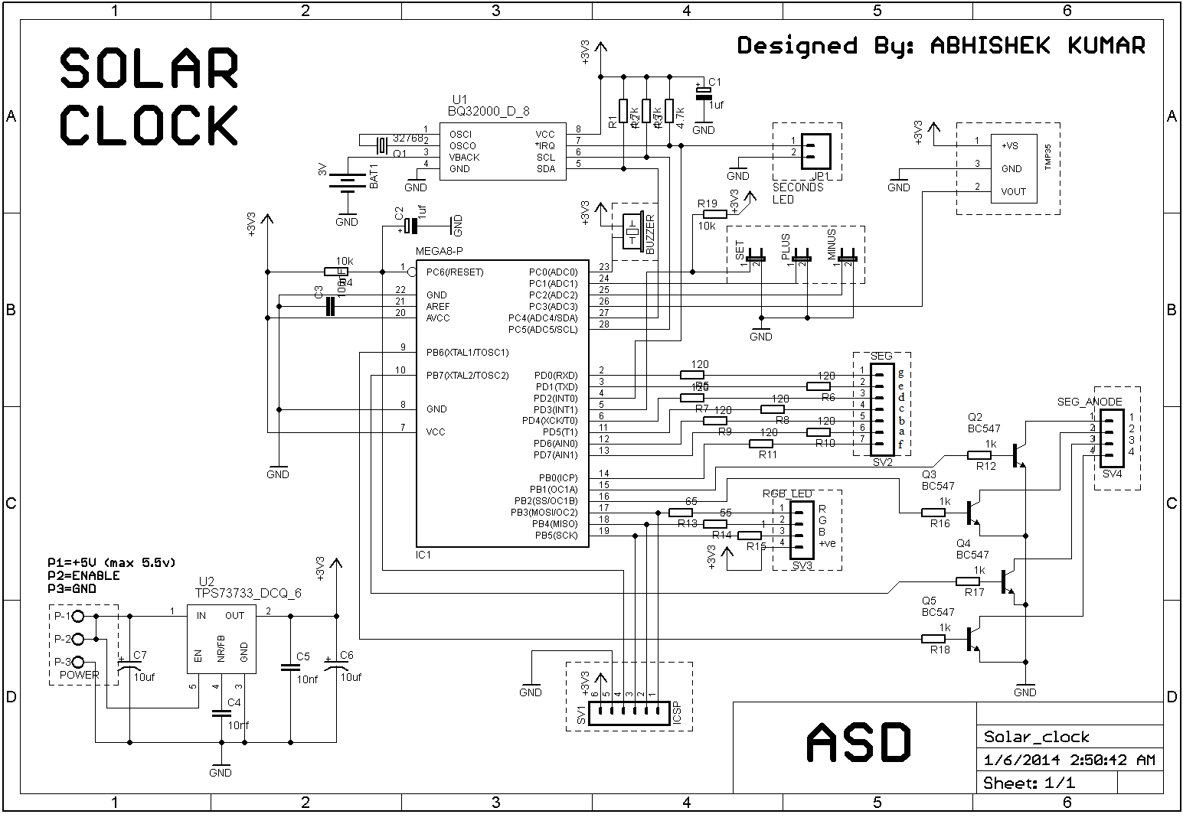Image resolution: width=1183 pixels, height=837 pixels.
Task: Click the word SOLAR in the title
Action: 149,68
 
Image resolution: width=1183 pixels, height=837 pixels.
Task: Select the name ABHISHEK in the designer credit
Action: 987,46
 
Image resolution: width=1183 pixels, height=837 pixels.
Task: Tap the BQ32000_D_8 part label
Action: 488,112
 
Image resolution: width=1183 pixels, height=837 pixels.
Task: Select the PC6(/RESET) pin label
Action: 455,272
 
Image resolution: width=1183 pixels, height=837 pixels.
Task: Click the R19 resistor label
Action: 707,204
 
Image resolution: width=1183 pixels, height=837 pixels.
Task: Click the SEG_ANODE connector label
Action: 1089,402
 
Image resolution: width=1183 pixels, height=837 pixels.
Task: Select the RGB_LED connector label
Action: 786,493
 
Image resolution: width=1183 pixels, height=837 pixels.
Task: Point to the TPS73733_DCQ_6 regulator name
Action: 249,592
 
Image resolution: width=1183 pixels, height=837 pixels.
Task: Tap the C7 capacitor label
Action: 140,656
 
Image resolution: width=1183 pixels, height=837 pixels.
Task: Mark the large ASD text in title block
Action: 858,742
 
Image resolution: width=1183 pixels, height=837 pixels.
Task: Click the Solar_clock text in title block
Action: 1036,737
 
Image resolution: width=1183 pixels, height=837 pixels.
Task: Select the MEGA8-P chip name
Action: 440,251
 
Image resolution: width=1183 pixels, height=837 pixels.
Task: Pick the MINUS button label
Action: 832,245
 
